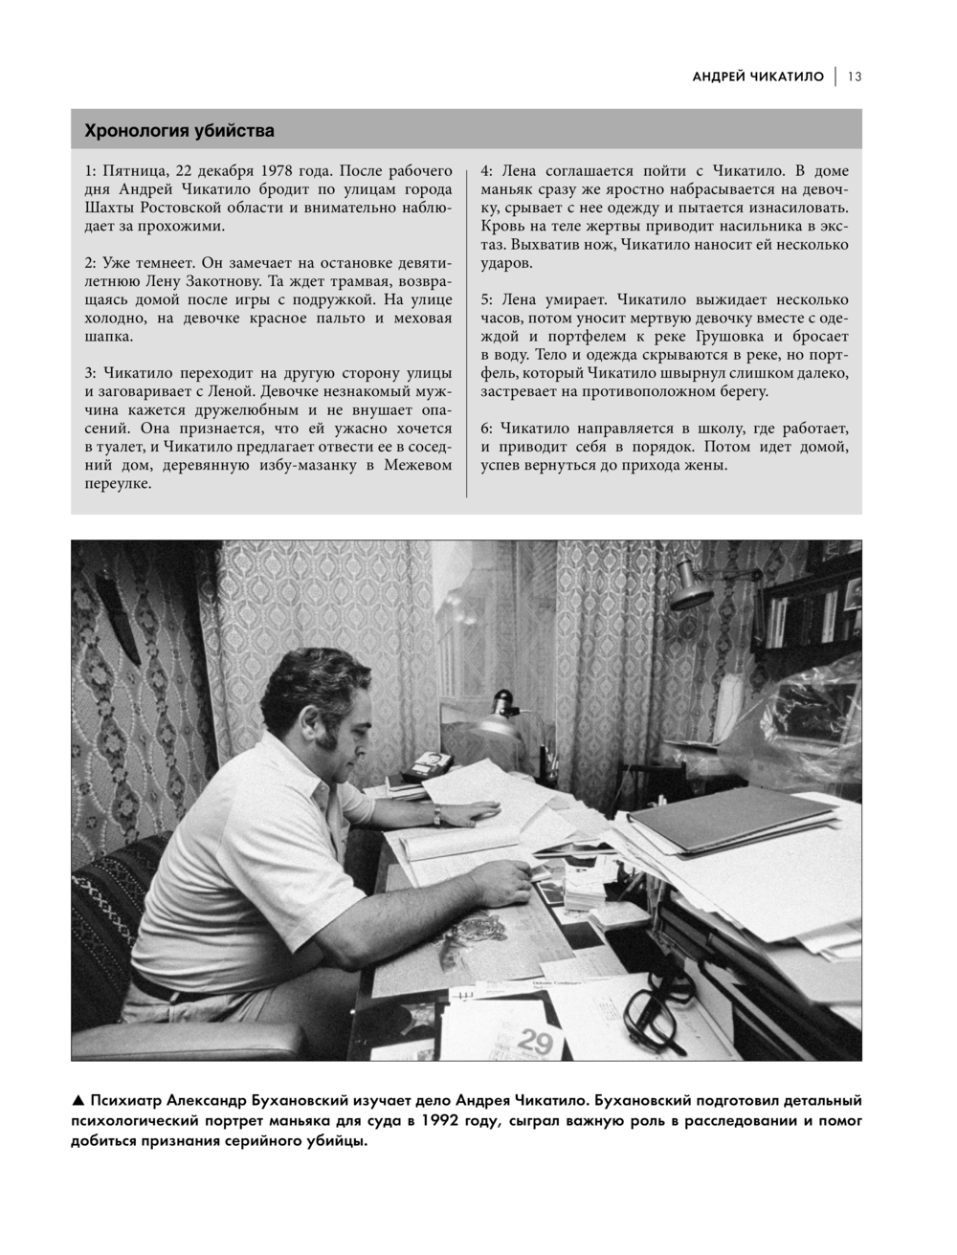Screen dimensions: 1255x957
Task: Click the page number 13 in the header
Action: pos(854,77)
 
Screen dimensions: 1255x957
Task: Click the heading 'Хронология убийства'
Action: pos(179,129)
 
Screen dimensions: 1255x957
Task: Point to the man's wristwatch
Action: pos(436,813)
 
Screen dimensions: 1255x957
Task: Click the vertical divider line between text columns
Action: pos(466,330)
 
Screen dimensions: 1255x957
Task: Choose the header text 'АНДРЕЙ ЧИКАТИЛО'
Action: pos(758,77)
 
